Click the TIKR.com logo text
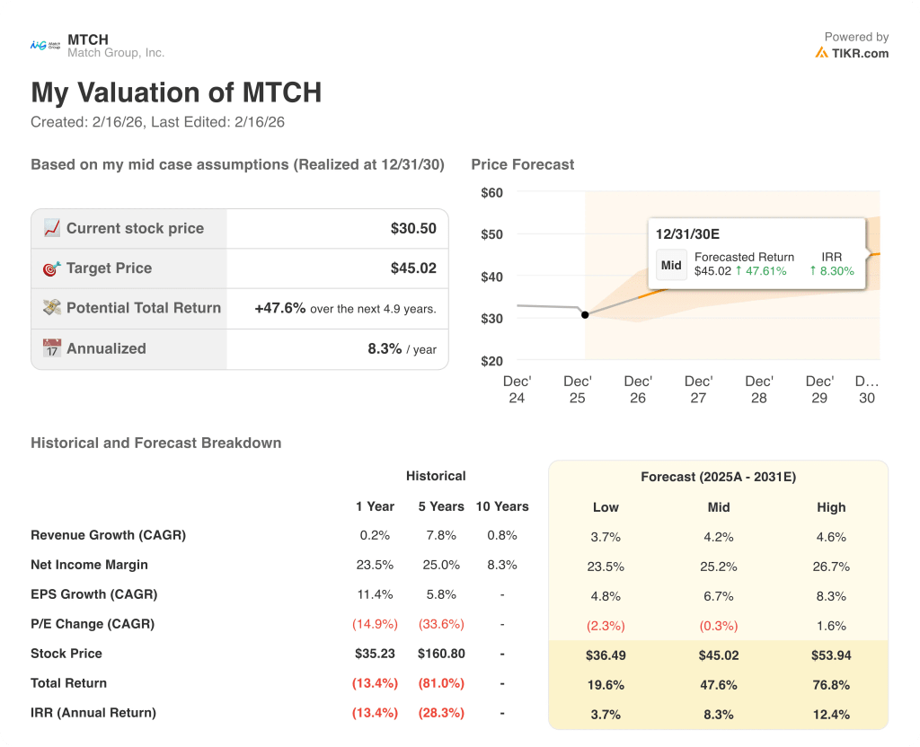click(860, 53)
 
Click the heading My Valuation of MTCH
click(176, 92)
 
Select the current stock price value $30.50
click(413, 228)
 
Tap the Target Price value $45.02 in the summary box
click(413, 268)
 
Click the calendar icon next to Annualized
click(52, 348)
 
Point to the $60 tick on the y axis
click(491, 192)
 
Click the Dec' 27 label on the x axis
click(698, 389)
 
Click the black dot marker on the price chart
click(585, 314)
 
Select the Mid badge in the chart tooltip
click(671, 265)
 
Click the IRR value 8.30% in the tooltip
click(832, 270)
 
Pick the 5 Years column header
click(441, 506)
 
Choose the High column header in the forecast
click(831, 507)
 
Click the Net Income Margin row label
click(89, 565)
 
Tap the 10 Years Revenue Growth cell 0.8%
click(502, 535)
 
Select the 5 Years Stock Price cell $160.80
click(441, 654)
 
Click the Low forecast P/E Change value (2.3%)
click(606, 626)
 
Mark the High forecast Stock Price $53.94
click(831, 655)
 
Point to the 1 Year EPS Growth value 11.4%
click(375, 594)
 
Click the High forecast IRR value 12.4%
click(831, 715)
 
